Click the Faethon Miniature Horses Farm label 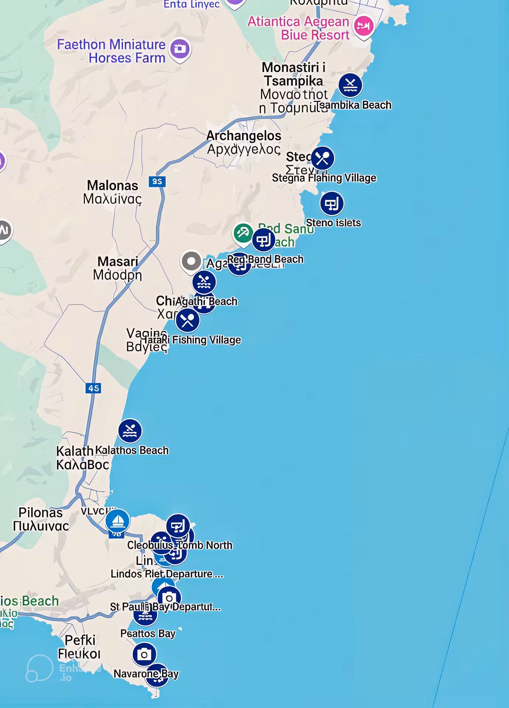tap(111, 51)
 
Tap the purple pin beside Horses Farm tap(180, 49)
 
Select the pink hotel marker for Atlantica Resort tap(363, 26)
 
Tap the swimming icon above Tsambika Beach tap(350, 85)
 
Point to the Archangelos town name tap(244, 136)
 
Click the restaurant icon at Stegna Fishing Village tap(322, 159)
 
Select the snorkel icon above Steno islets tap(332, 203)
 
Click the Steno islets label tap(333, 223)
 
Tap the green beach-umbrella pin tap(243, 233)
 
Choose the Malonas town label tap(112, 185)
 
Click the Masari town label tap(118, 261)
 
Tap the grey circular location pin tap(191, 261)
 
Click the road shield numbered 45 tap(93, 388)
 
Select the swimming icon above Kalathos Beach tap(130, 431)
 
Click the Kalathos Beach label tap(132, 450)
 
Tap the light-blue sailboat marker tap(117, 521)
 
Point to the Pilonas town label tap(41, 513)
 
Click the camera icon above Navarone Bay tap(144, 654)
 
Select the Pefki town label tap(80, 641)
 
